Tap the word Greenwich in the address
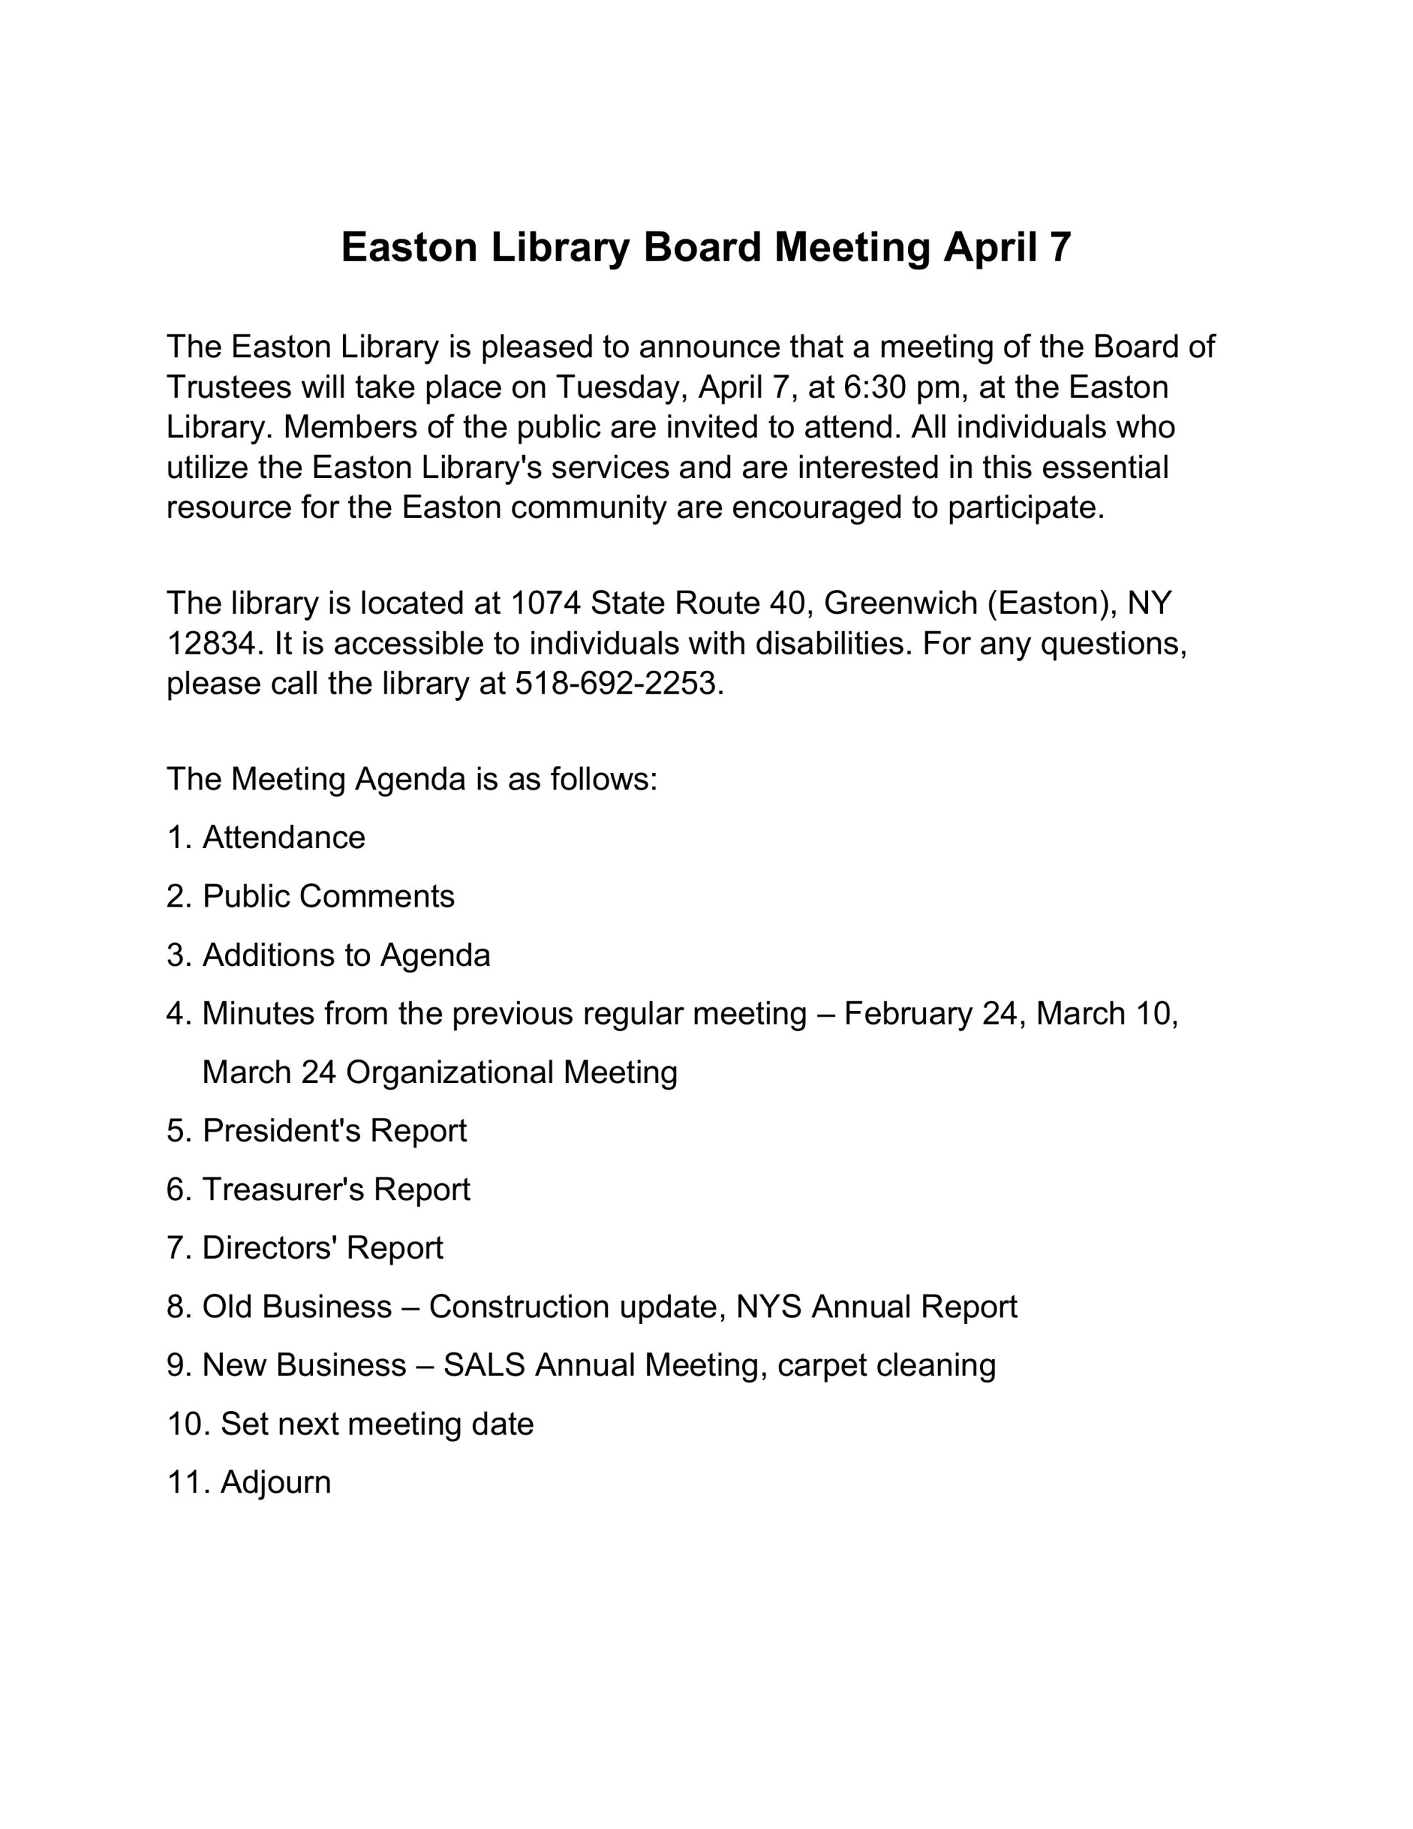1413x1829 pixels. pos(900,603)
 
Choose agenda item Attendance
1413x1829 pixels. pos(284,837)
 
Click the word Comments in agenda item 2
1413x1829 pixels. pos(376,896)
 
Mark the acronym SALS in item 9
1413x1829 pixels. pos(484,1365)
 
